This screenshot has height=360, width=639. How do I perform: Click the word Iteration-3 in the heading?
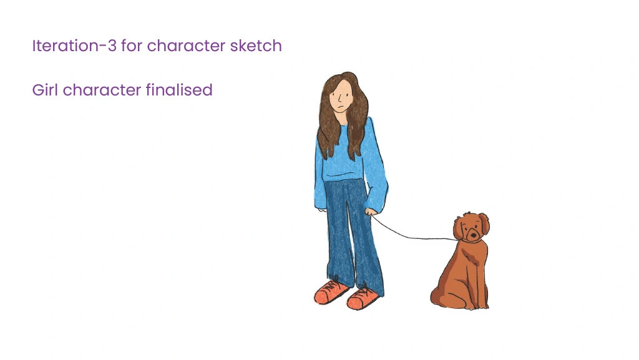(74, 46)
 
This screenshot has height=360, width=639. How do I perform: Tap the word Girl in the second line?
(45, 90)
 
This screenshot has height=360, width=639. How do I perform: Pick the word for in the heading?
(131, 46)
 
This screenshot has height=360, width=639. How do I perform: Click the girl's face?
(340, 98)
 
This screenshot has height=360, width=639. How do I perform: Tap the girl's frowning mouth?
(339, 109)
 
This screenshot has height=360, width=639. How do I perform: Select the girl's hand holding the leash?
(371, 212)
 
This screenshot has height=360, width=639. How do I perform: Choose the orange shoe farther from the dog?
(331, 291)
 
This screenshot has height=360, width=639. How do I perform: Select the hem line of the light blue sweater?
(343, 177)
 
